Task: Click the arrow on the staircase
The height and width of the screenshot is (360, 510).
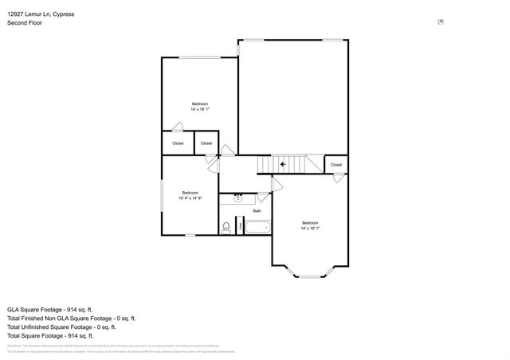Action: coord(283,165)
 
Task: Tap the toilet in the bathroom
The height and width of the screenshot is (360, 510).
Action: coord(227,228)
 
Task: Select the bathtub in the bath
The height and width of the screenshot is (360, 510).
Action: coord(257,229)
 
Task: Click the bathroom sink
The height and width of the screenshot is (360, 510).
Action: coord(237,198)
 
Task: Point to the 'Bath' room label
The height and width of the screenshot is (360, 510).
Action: coord(257,211)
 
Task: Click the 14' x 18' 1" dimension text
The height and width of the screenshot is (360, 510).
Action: coord(200,110)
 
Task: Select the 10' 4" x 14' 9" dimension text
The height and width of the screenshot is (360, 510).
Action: coord(190,198)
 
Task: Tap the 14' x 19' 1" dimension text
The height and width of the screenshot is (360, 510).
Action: coord(310,227)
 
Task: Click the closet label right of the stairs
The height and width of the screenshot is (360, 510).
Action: coord(336,165)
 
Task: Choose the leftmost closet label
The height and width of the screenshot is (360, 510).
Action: coord(178,143)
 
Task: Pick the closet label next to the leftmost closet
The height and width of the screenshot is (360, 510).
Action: coord(206,143)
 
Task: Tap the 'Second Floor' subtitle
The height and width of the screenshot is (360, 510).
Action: coord(25,23)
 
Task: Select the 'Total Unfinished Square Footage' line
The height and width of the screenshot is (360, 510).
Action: coord(62,327)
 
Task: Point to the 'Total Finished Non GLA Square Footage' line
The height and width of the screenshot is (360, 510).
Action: coord(72,318)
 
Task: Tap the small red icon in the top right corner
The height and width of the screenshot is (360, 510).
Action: coord(441,22)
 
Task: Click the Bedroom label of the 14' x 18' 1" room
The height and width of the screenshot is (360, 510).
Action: coord(200,104)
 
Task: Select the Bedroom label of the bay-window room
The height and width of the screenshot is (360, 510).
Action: coord(310,221)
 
